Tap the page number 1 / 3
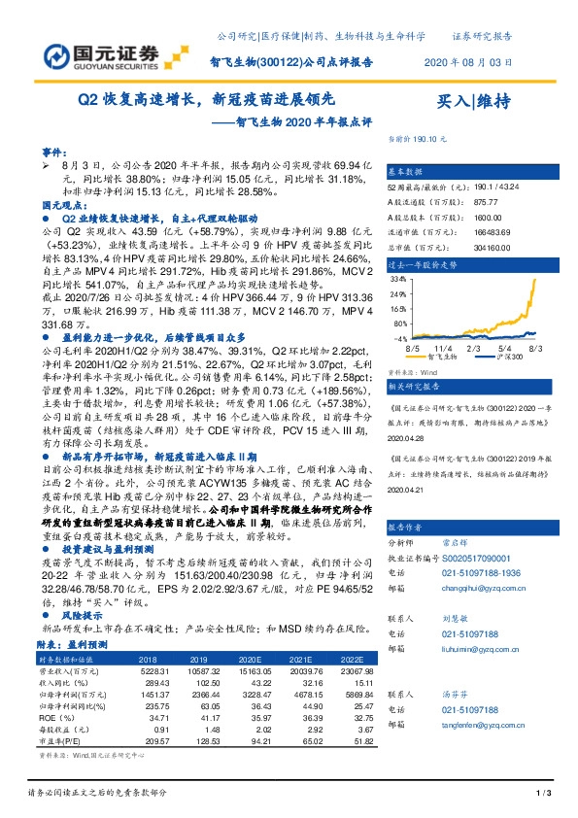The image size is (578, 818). click(543, 796)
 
